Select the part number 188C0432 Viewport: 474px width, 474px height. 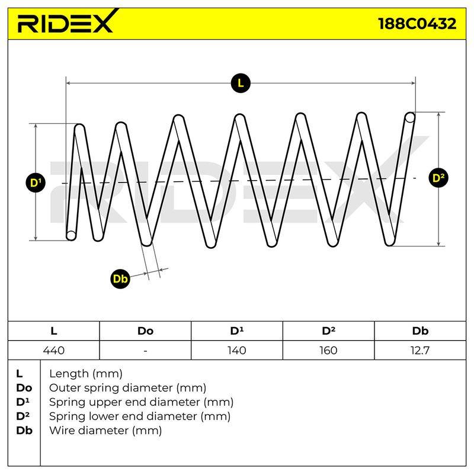pyautogui.click(x=417, y=24)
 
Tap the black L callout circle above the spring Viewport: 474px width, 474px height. pyautogui.click(x=241, y=83)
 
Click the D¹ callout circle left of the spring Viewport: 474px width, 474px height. pyautogui.click(x=36, y=182)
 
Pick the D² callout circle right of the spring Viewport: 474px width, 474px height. pyautogui.click(x=438, y=178)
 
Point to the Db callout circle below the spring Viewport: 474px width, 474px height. pyautogui.click(x=120, y=278)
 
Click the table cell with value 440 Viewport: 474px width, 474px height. pyautogui.click(x=54, y=350)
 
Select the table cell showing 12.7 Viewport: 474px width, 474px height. pyautogui.click(x=420, y=350)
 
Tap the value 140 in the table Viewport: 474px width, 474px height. pyautogui.click(x=236, y=350)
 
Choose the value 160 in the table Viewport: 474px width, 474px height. pyautogui.click(x=328, y=350)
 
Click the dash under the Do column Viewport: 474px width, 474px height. pyautogui.click(x=145, y=351)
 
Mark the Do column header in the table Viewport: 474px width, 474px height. pyautogui.click(x=145, y=331)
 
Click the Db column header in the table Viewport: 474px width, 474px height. pyautogui.click(x=420, y=331)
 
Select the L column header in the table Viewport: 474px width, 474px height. pyautogui.click(x=54, y=331)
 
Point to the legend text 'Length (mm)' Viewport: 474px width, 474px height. pyautogui.click(x=86, y=374)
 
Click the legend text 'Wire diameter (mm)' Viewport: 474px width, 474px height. pyautogui.click(x=105, y=430)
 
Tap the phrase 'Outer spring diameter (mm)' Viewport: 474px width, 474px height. pyautogui.click(x=127, y=388)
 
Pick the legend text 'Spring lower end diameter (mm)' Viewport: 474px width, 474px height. pyautogui.click(x=140, y=417)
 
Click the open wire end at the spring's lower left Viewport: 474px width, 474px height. pyautogui.click(x=71, y=235)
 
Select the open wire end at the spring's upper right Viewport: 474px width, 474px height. pyautogui.click(x=409, y=117)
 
